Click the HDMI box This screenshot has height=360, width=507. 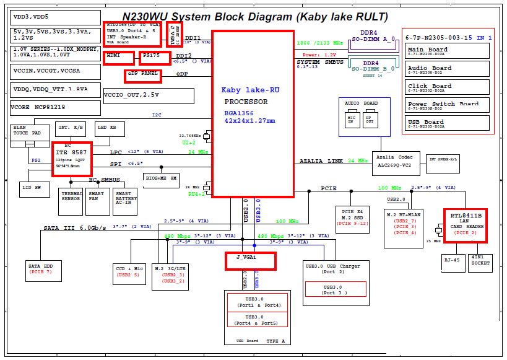coord(119,58)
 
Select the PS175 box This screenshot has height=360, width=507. coord(154,58)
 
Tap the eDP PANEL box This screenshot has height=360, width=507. coord(143,76)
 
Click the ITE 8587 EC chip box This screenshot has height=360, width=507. coord(72,157)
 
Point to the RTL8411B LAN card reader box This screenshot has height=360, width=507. coord(466,225)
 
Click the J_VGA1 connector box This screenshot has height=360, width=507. coord(249,260)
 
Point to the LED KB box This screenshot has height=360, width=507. coord(109,129)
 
